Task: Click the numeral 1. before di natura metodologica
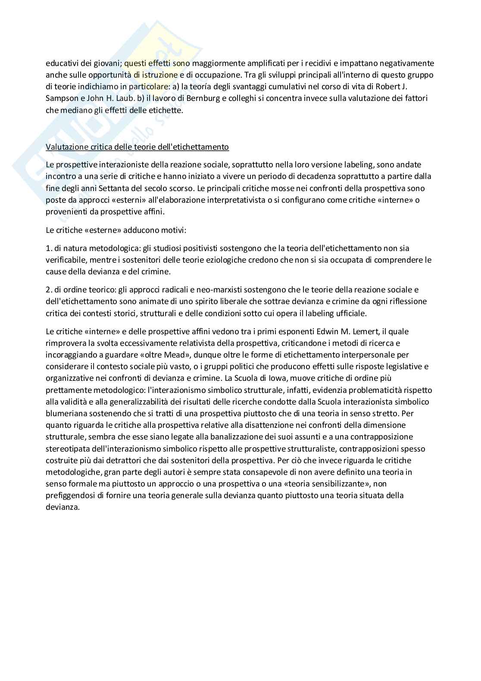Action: coord(49,248)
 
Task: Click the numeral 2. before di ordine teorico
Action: coord(49,289)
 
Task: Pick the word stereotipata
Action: coord(66,449)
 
